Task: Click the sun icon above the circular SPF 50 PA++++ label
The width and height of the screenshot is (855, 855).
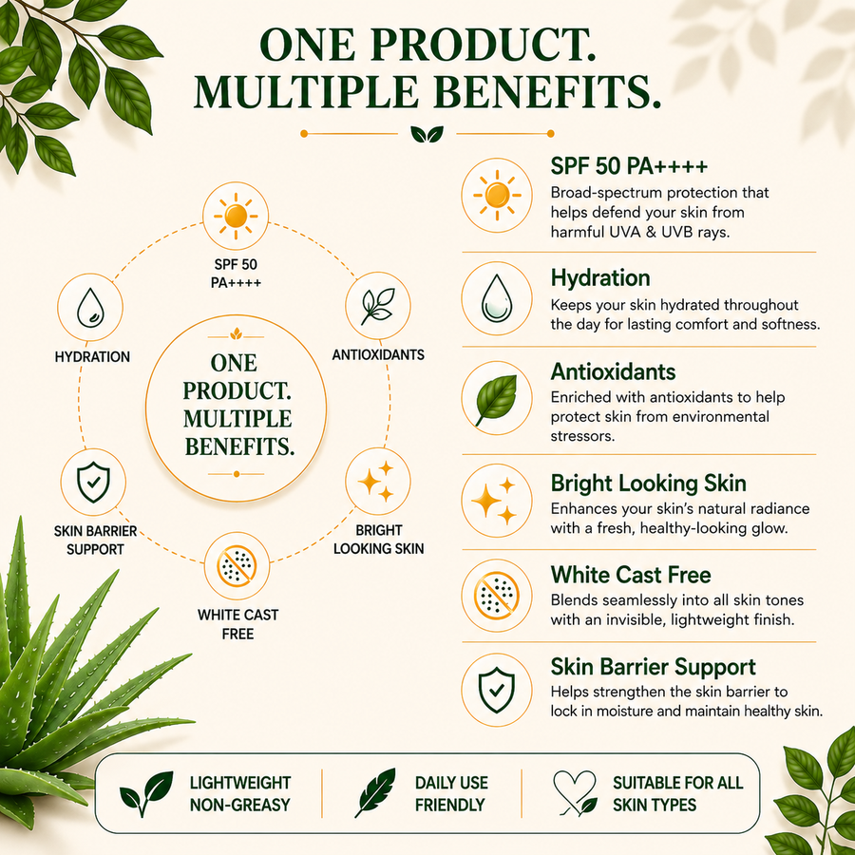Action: click(236, 216)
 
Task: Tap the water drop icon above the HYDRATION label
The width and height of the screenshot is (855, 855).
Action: click(90, 308)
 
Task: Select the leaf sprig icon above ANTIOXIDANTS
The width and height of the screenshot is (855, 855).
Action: click(377, 306)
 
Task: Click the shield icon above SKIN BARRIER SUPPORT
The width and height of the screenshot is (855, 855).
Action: click(93, 482)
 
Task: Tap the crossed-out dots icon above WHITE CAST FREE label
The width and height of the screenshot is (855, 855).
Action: click(237, 566)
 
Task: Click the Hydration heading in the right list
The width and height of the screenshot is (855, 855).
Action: click(600, 277)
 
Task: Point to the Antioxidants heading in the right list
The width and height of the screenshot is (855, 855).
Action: click(613, 371)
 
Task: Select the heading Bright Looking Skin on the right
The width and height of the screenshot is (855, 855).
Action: click(648, 484)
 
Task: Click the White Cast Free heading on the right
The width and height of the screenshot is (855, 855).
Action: click(631, 575)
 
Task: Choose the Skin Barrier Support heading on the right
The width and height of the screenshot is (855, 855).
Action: click(654, 667)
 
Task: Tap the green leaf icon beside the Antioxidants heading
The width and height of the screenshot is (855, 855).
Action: click(496, 400)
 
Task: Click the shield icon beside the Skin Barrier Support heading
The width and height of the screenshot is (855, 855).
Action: click(496, 691)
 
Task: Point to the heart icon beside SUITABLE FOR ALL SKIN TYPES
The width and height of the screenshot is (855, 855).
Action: click(574, 793)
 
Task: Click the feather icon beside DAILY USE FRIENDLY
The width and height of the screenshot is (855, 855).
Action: click(375, 793)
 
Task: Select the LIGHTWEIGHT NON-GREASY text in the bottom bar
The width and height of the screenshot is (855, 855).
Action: click(240, 794)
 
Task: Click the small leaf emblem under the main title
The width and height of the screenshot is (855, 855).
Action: click(427, 134)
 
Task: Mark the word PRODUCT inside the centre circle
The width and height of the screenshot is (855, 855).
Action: click(237, 391)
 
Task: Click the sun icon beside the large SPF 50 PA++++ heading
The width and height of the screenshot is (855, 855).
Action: click(497, 195)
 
